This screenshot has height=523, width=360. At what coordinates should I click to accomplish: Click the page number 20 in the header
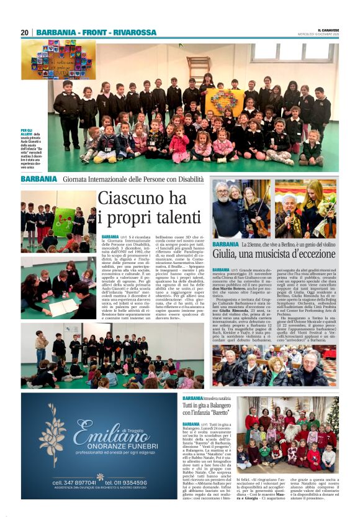pos(24,32)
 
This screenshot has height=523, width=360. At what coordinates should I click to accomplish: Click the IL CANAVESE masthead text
pos(328,30)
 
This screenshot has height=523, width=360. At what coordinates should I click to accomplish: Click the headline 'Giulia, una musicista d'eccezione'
pos(274,253)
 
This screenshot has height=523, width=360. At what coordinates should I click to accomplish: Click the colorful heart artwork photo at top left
pos(58,60)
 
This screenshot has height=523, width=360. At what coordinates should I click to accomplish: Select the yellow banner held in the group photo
pos(225,102)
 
